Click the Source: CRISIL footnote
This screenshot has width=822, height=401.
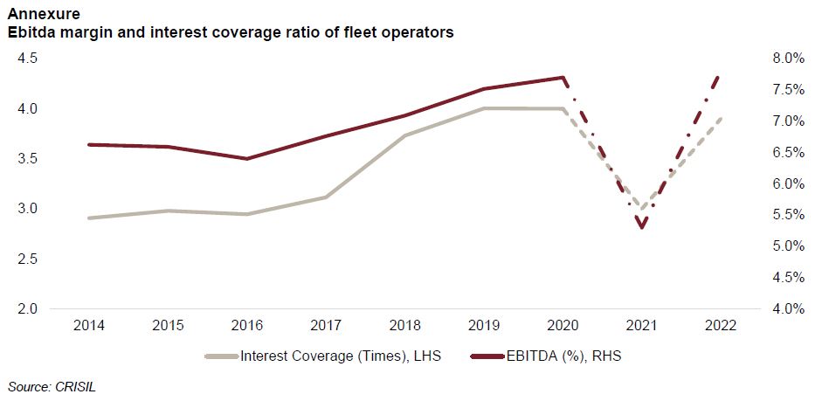[51, 385]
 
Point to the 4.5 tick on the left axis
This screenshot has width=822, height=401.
[28, 59]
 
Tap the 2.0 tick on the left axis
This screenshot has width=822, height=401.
[28, 309]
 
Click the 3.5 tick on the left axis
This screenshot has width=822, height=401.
[28, 159]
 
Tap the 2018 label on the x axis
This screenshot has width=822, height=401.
[405, 326]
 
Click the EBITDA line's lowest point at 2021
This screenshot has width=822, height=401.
[642, 228]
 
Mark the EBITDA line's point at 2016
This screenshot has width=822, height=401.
[247, 159]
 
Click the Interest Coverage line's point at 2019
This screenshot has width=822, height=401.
[485, 108]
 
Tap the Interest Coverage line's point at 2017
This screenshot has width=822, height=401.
[326, 197]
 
